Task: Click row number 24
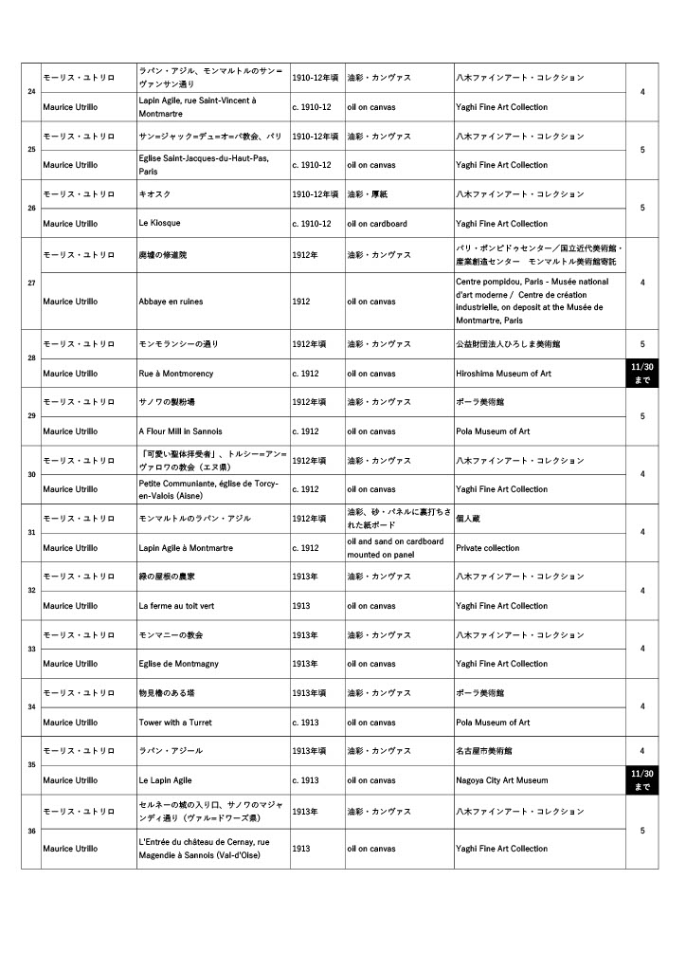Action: tap(31, 92)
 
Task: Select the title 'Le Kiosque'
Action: tap(159, 223)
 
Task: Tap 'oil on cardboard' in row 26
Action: tap(376, 224)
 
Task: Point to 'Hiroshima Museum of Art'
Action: tap(503, 374)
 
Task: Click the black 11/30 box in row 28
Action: tap(641, 373)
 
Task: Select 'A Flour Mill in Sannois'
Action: tap(180, 431)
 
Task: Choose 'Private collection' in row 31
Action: tap(487, 548)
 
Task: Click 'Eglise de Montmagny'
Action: tap(176, 664)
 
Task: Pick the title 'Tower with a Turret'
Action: tap(175, 723)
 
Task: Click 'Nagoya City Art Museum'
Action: tap(501, 780)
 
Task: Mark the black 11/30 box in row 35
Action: tap(641, 779)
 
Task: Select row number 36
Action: tap(31, 831)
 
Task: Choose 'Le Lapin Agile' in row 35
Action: tap(165, 780)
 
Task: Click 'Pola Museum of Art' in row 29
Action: tap(493, 431)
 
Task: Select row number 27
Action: tap(31, 282)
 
